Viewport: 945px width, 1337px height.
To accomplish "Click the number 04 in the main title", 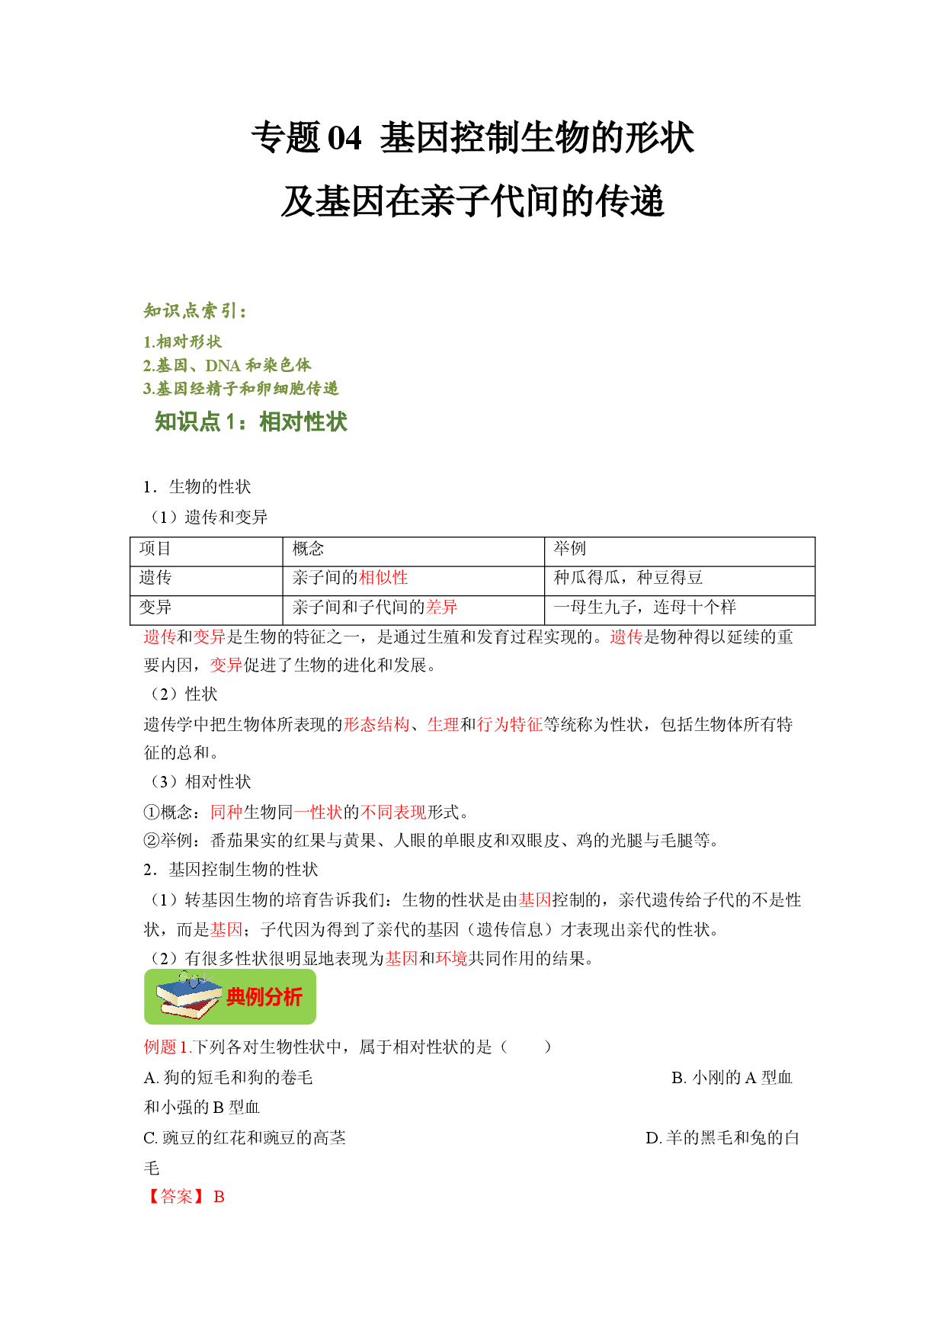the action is [344, 139].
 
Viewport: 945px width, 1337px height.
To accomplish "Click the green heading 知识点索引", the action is [195, 311].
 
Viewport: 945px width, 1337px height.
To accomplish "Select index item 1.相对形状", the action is [182, 341].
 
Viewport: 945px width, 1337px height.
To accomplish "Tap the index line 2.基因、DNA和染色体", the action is [227, 365].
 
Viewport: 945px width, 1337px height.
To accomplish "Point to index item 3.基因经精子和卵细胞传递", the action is [241, 389].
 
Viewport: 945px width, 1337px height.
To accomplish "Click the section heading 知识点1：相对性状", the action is [251, 422].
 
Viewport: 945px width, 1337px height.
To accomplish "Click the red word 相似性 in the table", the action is [384, 578].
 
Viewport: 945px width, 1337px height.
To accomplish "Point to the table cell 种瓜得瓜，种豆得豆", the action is [629, 578].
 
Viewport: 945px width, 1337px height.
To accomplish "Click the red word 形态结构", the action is [376, 724].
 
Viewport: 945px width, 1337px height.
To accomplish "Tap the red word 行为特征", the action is [510, 724].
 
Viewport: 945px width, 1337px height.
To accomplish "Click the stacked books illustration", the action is [190, 996].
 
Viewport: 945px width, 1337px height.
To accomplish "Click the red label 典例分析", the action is [264, 997].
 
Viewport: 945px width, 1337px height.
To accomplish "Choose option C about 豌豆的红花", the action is [245, 1138].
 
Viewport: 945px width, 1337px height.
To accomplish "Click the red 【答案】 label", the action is [176, 1197].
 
